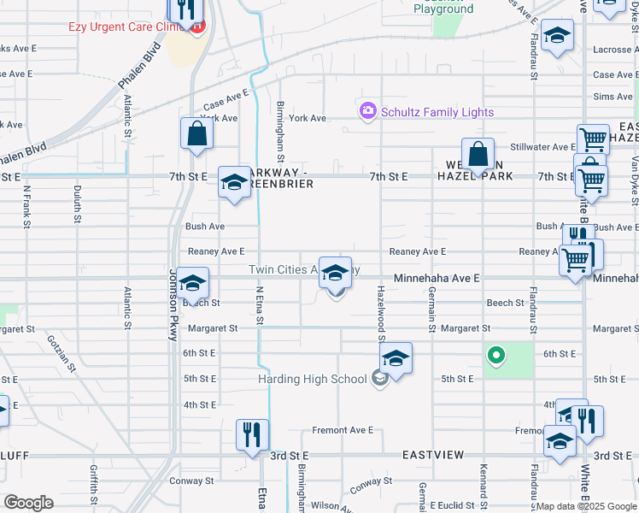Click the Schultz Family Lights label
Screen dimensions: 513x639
[x=437, y=112]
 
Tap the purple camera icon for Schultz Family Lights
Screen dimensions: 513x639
[x=368, y=111]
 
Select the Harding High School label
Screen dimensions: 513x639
[x=312, y=379]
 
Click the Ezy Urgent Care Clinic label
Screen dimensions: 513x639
[x=128, y=27]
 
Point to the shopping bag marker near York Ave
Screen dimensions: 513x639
[x=196, y=134]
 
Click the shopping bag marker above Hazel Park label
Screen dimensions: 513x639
[x=478, y=155]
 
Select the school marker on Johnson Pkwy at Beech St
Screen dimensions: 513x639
[x=194, y=284]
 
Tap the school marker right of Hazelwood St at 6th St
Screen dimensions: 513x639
[x=396, y=359]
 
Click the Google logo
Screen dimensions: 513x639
[x=28, y=503]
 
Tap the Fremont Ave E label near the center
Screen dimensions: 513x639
[x=343, y=430]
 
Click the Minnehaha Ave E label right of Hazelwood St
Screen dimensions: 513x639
[x=437, y=278]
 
